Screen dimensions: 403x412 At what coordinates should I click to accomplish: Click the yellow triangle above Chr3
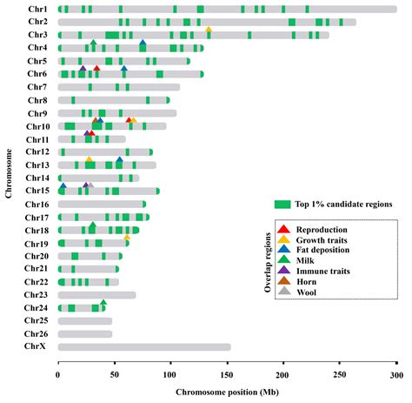point(209,30)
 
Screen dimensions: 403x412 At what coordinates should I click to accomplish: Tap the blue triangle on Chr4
point(143,43)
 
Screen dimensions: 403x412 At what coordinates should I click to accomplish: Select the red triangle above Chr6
point(96,68)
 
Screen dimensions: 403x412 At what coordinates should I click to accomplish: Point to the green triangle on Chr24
point(103,302)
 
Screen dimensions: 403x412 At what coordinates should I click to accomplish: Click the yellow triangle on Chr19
point(127,236)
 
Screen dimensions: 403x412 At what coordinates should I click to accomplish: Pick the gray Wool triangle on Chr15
point(90,185)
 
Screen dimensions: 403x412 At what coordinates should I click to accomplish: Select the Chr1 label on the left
point(37,9)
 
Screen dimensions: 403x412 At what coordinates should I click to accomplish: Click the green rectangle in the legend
point(282,205)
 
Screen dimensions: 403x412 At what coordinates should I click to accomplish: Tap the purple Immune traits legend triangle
point(282,271)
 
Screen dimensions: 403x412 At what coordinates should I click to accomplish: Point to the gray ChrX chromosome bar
point(144,346)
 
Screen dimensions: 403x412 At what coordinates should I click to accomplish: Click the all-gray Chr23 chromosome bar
point(96,295)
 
